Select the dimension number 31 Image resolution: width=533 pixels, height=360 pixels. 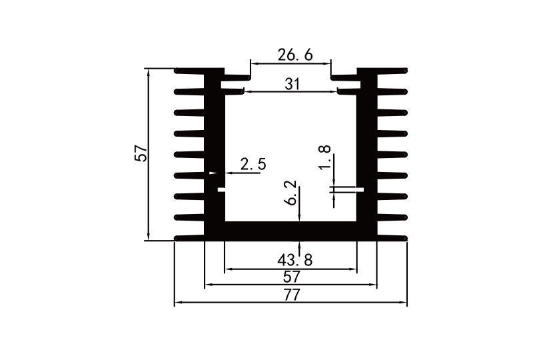292,84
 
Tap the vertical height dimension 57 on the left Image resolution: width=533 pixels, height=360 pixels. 141,153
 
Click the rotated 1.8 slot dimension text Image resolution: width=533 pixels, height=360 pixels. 324,157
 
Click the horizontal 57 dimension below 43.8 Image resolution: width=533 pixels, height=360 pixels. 291,276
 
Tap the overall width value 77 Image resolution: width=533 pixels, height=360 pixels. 291,295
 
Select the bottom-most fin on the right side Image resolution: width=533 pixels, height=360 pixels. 392,237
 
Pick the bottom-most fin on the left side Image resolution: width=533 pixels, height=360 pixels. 190,237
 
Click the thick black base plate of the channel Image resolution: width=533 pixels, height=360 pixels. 290,230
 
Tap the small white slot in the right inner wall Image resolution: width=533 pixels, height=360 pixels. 359,189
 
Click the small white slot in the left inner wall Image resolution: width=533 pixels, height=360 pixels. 222,189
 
